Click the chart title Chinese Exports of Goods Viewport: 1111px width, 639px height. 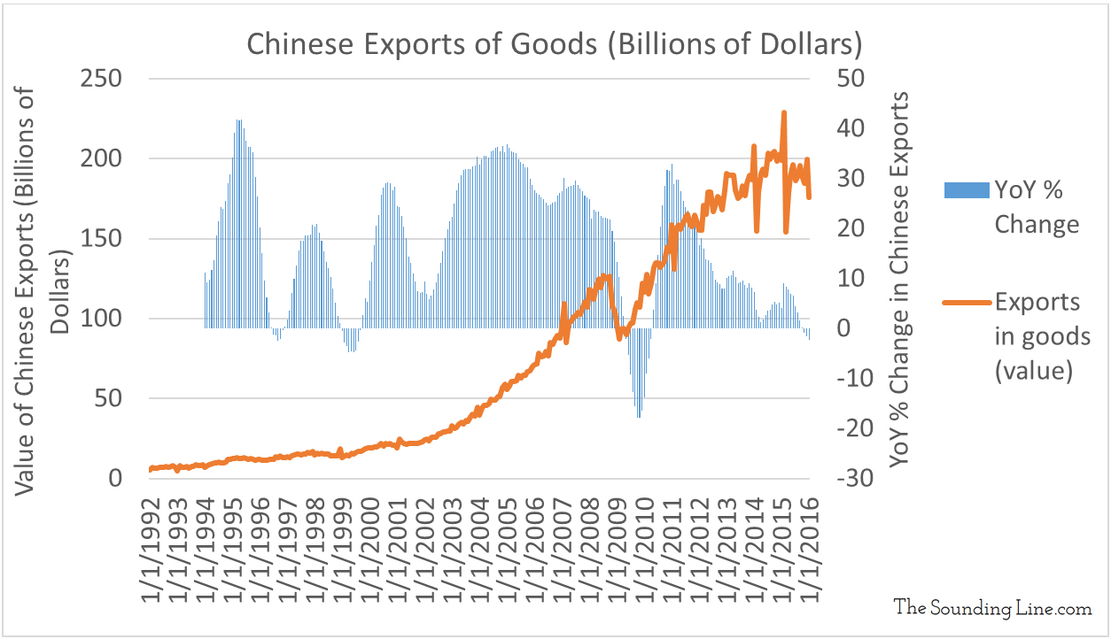(555, 44)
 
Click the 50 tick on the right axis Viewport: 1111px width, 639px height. (851, 79)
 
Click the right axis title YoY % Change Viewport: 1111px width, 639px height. (900, 279)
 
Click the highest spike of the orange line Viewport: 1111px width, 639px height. (783, 113)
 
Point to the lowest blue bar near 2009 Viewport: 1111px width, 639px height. (639, 416)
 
